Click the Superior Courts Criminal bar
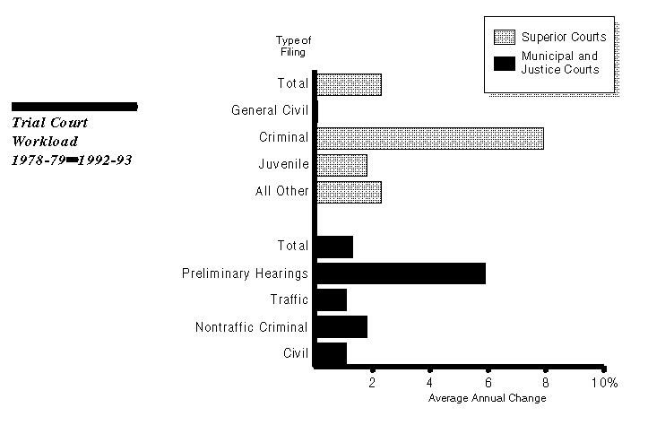(429, 138)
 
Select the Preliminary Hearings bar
(401, 273)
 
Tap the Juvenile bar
(341, 165)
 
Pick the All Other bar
(349, 192)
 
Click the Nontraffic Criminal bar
(341, 326)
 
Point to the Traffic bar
(331, 299)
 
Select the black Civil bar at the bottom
(331, 353)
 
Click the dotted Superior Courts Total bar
(349, 84)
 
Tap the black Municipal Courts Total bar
(334, 246)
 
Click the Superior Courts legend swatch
(505, 38)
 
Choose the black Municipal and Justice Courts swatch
(505, 63)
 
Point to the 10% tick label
(604, 383)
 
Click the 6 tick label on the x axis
(488, 383)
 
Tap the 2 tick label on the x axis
(372, 383)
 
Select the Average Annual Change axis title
(487, 397)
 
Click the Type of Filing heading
(292, 46)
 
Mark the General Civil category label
(270, 110)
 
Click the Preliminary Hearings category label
(245, 273)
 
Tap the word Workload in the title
(45, 142)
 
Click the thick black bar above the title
(74, 107)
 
